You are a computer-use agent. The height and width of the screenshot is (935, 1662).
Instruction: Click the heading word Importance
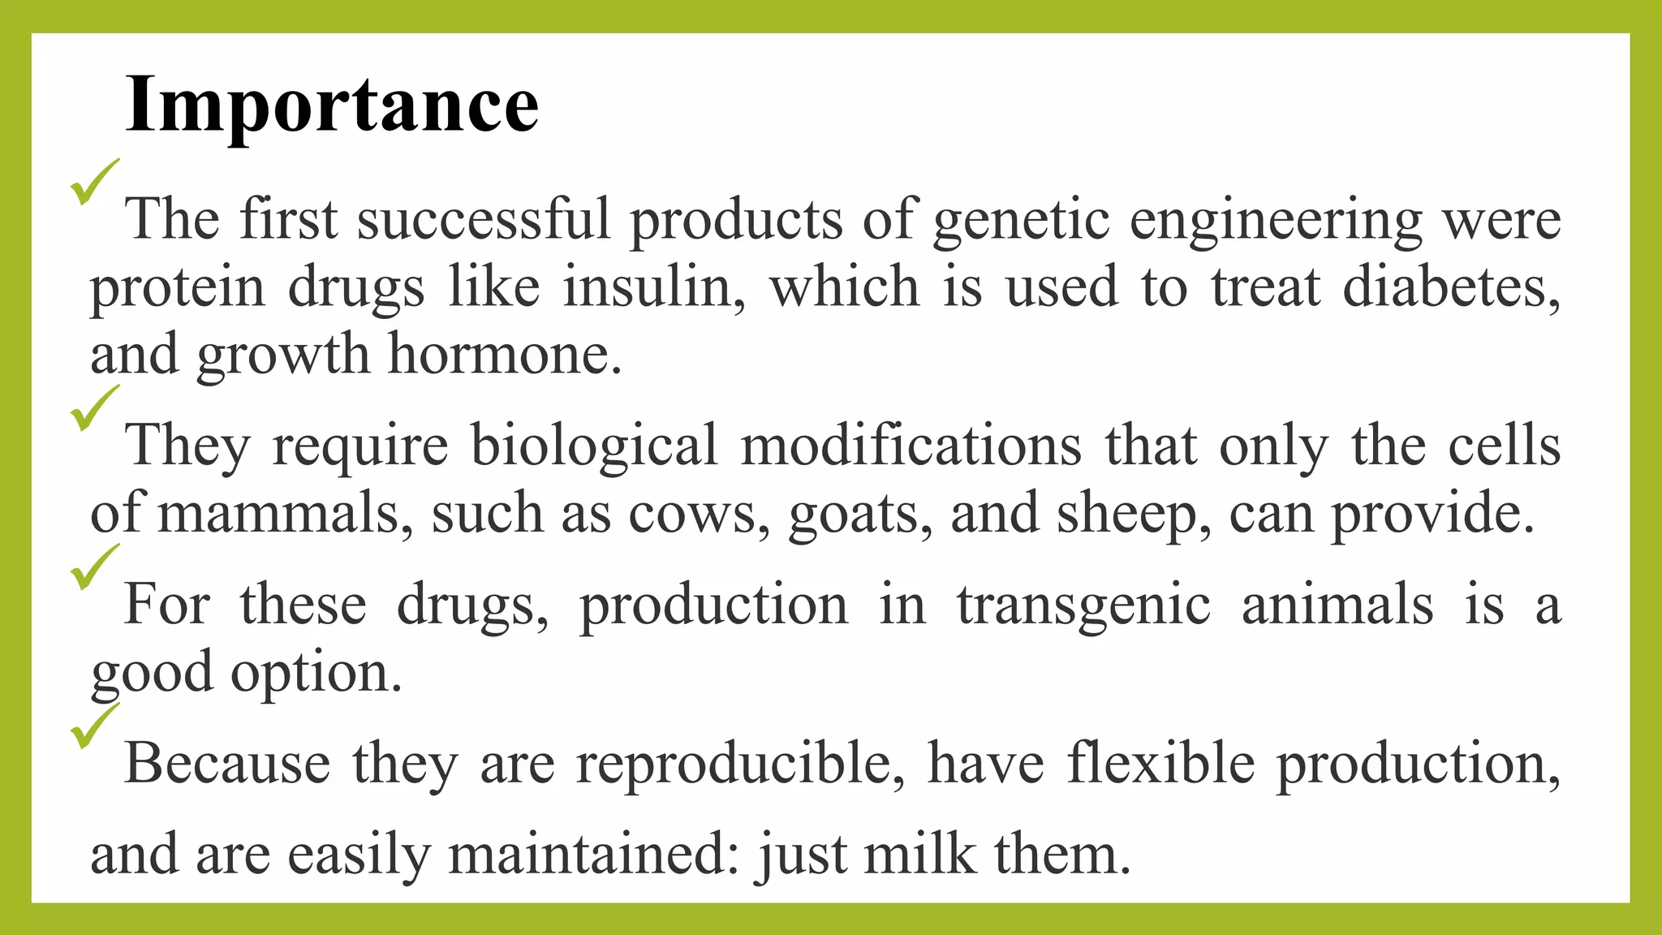(x=332, y=105)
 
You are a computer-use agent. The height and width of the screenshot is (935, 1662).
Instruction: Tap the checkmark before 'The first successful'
(x=94, y=182)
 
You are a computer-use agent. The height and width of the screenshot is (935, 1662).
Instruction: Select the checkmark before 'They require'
(x=94, y=407)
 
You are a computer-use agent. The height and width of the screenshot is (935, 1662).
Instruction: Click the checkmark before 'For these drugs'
(x=94, y=567)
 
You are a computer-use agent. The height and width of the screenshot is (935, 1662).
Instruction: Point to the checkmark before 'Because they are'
(x=94, y=726)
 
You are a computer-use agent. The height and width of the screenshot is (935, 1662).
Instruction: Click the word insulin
(x=654, y=287)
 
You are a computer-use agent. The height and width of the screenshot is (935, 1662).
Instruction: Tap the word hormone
(x=504, y=355)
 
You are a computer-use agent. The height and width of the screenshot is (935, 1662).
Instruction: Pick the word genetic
(x=1020, y=221)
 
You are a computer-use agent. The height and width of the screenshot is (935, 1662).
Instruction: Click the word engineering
(x=1275, y=221)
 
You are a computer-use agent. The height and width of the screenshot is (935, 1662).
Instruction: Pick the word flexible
(x=1160, y=764)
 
